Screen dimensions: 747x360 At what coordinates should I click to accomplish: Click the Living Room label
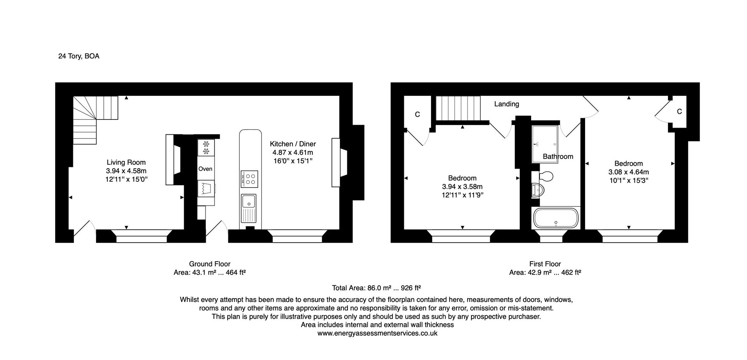click(126, 162)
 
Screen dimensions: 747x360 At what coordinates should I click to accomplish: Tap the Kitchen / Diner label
click(293, 144)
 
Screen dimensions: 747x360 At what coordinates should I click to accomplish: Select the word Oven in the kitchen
click(205, 169)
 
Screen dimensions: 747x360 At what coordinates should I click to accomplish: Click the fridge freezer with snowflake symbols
click(206, 148)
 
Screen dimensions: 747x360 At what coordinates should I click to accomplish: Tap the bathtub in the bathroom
click(556, 218)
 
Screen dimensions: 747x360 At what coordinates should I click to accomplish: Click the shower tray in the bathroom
click(546, 144)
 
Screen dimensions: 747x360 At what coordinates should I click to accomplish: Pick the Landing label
click(507, 104)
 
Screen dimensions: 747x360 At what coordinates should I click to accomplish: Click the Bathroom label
click(558, 156)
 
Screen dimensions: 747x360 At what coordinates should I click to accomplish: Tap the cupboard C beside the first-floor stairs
click(417, 114)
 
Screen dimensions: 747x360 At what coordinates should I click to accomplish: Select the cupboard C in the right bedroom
click(679, 112)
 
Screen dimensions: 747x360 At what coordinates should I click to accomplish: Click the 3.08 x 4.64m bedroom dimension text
click(629, 172)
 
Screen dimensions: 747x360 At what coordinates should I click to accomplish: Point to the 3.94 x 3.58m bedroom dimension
click(462, 187)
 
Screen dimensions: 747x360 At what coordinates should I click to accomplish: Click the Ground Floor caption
click(210, 264)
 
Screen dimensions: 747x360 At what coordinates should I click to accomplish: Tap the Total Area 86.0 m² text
click(377, 288)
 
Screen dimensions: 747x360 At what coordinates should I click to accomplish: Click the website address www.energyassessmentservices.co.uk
click(377, 333)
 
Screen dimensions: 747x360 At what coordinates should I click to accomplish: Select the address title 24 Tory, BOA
click(79, 56)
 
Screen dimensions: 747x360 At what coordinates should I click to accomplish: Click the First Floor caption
click(545, 264)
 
